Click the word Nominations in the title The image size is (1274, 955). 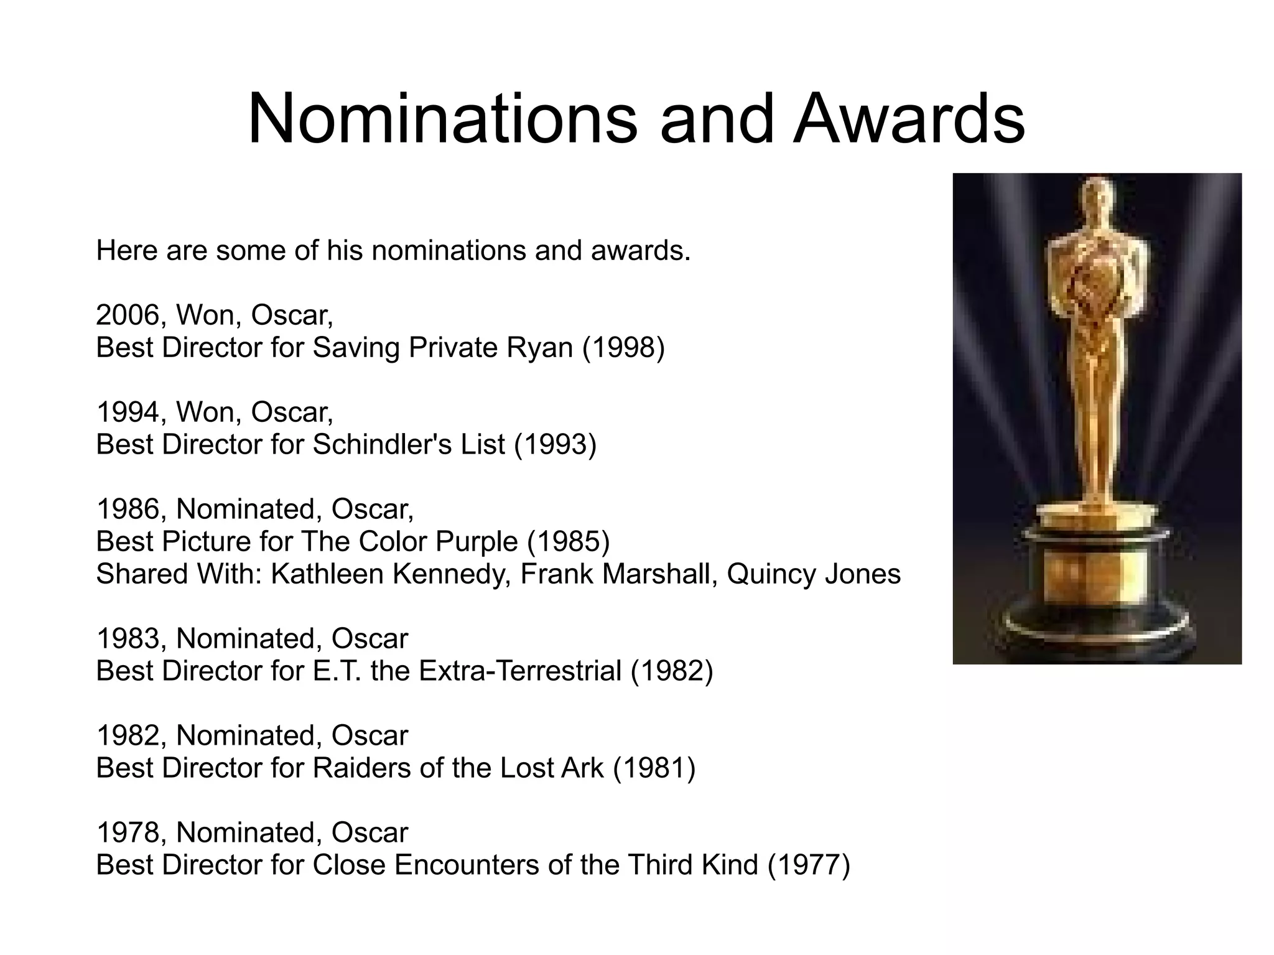(442, 119)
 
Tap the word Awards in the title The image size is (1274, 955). (909, 119)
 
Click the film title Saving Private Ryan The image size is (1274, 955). (442, 348)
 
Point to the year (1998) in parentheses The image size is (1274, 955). (623, 348)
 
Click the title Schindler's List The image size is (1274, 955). (409, 445)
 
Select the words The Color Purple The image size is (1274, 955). (409, 542)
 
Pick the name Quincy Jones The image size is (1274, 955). (813, 574)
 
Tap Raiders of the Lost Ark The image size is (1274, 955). (458, 768)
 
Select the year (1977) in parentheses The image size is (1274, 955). (809, 865)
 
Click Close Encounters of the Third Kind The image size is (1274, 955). (535, 865)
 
